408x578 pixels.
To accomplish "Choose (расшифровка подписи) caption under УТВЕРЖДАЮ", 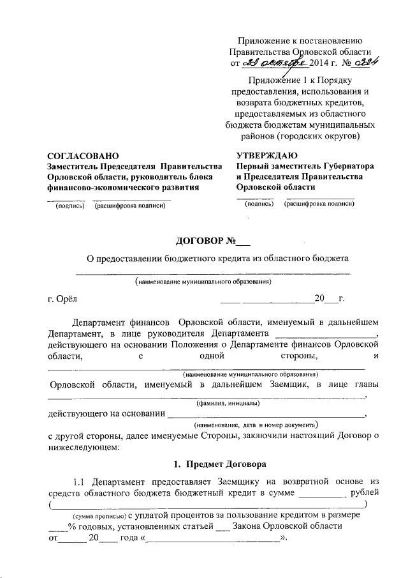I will click(x=319, y=204).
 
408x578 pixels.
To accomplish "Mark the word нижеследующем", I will click(x=84, y=448).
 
